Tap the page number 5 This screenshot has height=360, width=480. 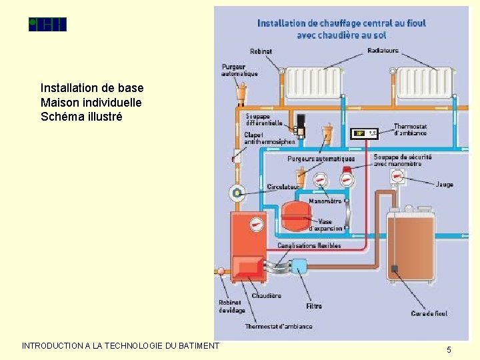pos(449,349)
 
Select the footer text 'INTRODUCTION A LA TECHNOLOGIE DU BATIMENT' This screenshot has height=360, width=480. pos(120,345)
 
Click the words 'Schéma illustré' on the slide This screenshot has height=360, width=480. pos(81,117)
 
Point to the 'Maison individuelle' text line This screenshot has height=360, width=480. pos(91,102)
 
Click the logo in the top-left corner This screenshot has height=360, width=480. pos(47,25)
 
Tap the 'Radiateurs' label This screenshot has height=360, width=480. pos(383,50)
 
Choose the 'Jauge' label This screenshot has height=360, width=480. pos(445,184)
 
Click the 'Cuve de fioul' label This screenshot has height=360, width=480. pos(429,313)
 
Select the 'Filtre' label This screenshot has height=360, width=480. pos(313,306)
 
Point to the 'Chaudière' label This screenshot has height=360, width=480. pos(266,295)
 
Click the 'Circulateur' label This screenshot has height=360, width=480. pos(283,187)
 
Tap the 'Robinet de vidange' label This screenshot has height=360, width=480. pos(231,306)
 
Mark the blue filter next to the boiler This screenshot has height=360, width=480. pos(299,267)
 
